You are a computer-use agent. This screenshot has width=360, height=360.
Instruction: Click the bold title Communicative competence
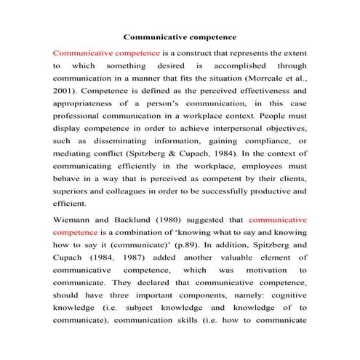click(180, 35)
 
